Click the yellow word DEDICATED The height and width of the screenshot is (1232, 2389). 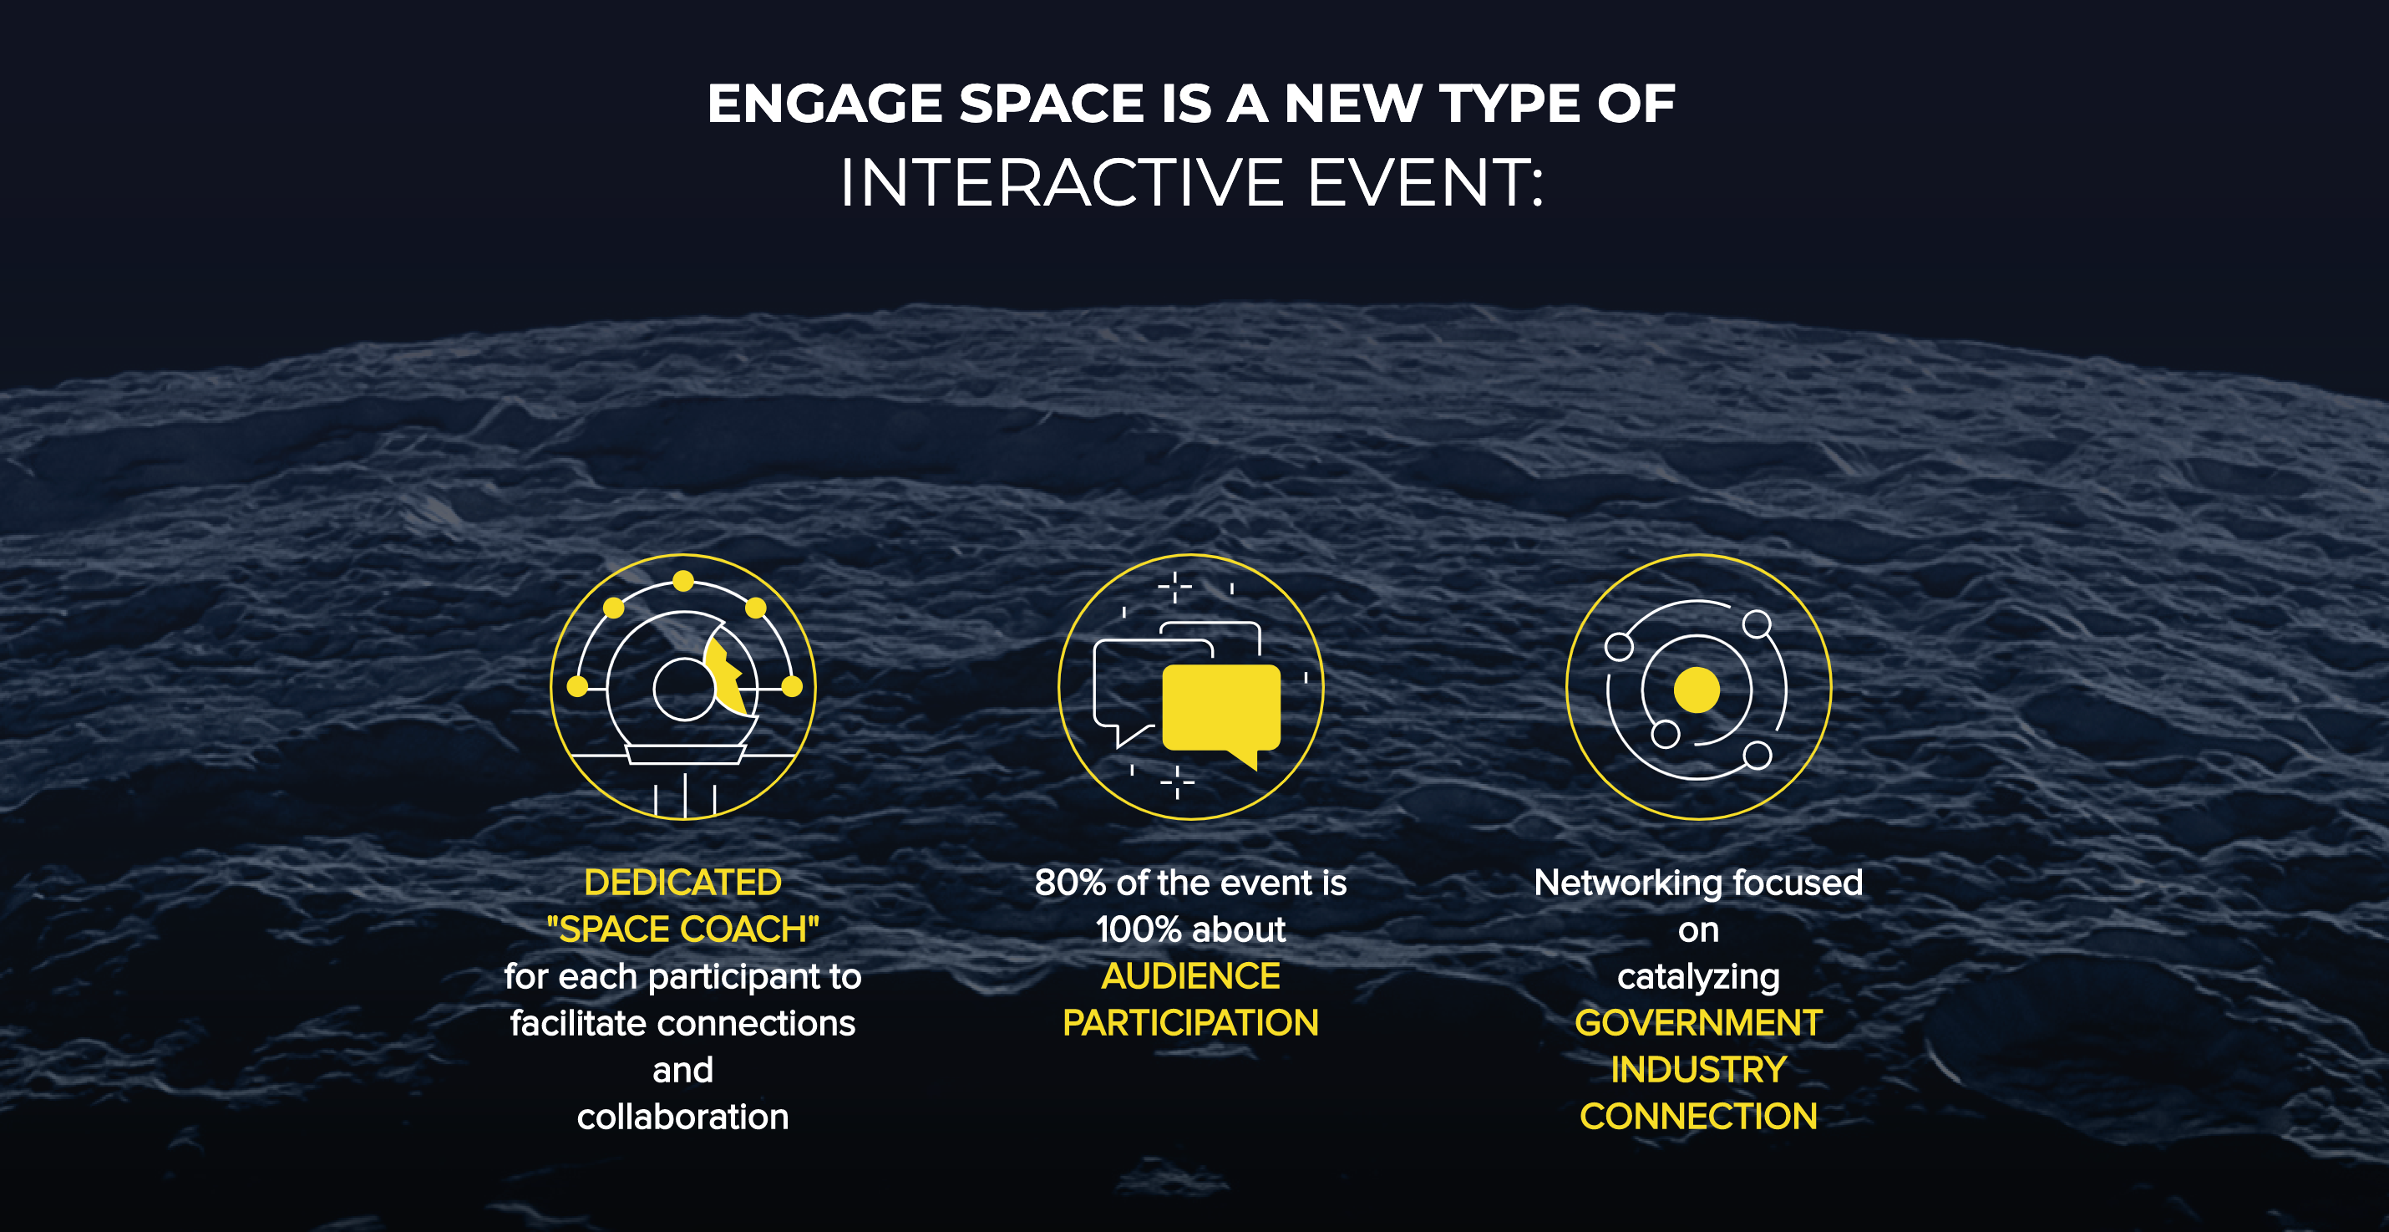click(x=682, y=883)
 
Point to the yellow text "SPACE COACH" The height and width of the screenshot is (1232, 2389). click(x=682, y=929)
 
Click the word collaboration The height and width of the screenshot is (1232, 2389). click(x=682, y=1117)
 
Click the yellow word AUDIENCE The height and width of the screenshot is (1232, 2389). click(x=1191, y=976)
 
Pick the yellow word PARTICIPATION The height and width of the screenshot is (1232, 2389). click(x=1191, y=1023)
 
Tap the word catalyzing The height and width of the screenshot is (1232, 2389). click(x=1698, y=977)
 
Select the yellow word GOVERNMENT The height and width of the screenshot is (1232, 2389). click(x=1698, y=1023)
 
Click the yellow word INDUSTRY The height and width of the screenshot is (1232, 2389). click(x=1698, y=1070)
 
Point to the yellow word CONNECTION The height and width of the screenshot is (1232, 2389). click(x=1698, y=1117)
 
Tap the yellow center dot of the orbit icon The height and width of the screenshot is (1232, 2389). click(x=1697, y=690)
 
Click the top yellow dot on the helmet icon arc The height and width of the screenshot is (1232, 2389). click(x=683, y=582)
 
